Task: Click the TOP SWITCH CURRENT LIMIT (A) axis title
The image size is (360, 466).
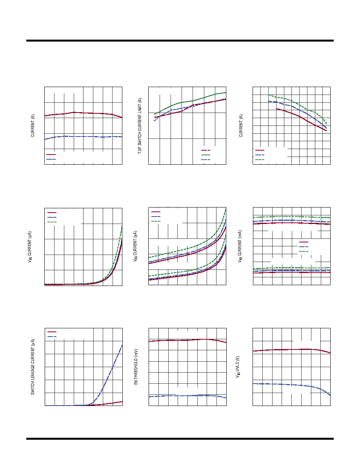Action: click(140, 126)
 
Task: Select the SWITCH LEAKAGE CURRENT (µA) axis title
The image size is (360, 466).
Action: click(33, 367)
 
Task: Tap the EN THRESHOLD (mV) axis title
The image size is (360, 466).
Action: click(136, 367)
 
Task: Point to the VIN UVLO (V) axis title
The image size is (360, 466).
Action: click(238, 367)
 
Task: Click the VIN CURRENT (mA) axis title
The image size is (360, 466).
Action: click(240, 246)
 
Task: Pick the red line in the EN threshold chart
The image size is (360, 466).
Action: click(187, 340)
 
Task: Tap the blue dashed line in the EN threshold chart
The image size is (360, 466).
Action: click(187, 396)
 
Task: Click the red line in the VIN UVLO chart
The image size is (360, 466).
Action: click(291, 350)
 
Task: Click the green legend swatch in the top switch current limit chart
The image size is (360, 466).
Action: click(205, 155)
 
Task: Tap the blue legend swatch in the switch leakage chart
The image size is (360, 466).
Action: click(52, 337)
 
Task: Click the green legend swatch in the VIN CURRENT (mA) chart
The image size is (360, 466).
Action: click(304, 251)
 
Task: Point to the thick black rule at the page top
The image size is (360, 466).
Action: click(180, 41)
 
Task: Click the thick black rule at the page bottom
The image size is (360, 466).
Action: click(180, 439)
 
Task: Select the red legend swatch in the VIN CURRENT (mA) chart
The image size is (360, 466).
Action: click(304, 242)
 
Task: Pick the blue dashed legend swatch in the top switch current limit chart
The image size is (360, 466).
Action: click(205, 160)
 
